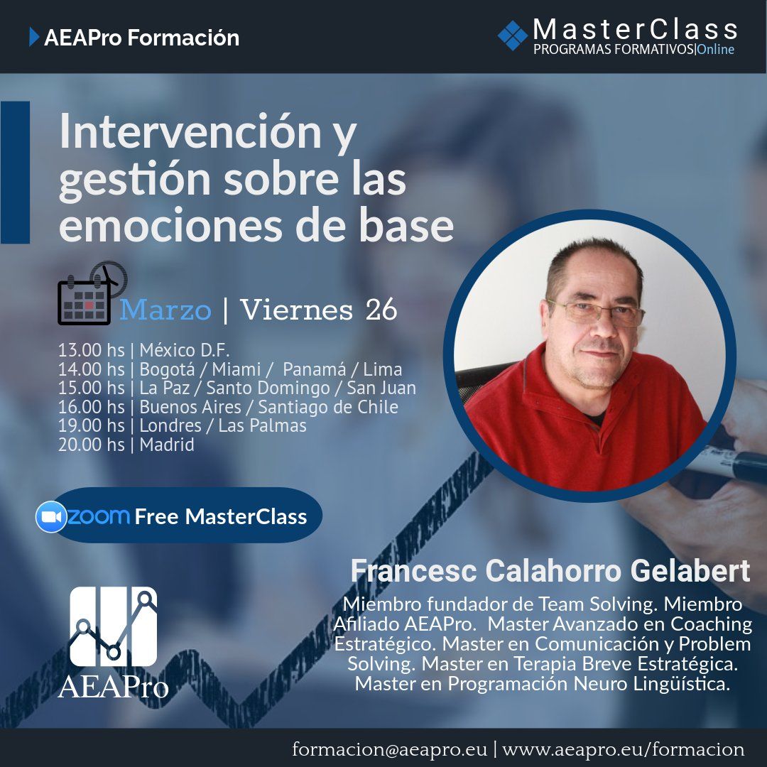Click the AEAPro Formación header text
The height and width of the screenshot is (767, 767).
point(141,38)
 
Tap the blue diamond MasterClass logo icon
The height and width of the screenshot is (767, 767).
point(513,36)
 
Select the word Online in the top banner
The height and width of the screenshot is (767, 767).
point(716,50)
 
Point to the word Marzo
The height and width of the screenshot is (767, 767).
point(165,310)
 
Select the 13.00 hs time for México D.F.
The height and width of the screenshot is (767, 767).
point(92,350)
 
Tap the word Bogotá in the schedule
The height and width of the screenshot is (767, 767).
point(167,369)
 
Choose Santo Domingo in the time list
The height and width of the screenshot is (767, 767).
point(268,388)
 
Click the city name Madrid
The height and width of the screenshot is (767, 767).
point(167,445)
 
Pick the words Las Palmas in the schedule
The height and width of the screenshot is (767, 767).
point(262,425)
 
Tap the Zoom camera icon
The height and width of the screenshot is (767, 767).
point(51,516)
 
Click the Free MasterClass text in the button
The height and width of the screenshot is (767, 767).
point(221,516)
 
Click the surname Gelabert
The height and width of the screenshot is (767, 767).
point(690,571)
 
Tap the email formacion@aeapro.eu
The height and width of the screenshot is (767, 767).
point(389,749)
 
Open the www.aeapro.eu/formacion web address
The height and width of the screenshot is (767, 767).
point(624,749)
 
